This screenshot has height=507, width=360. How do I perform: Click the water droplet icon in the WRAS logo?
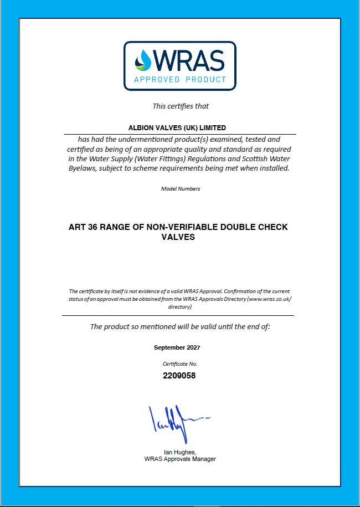145,60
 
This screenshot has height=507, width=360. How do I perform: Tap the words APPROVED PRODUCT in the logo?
180,80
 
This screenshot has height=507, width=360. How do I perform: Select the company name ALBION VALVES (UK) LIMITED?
180,127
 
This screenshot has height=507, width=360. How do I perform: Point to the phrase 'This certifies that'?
181,106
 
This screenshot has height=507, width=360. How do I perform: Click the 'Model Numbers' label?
181,188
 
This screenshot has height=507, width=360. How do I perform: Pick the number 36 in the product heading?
94,227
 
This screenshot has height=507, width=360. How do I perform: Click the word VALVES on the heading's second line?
178,237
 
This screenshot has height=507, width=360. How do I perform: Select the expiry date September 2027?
177,347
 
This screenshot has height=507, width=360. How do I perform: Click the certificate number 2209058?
179,375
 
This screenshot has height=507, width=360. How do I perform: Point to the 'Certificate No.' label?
179,364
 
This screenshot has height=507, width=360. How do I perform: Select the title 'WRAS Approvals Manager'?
179,459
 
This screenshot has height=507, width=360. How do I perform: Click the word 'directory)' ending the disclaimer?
180,306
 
